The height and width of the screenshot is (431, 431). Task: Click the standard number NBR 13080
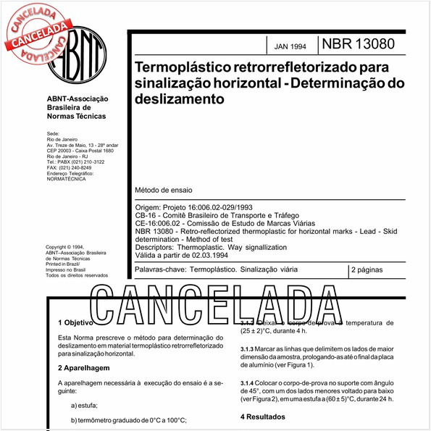pos(359,43)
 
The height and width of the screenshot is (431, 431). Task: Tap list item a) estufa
pos(91,405)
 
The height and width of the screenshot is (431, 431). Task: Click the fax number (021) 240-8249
pos(78,168)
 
